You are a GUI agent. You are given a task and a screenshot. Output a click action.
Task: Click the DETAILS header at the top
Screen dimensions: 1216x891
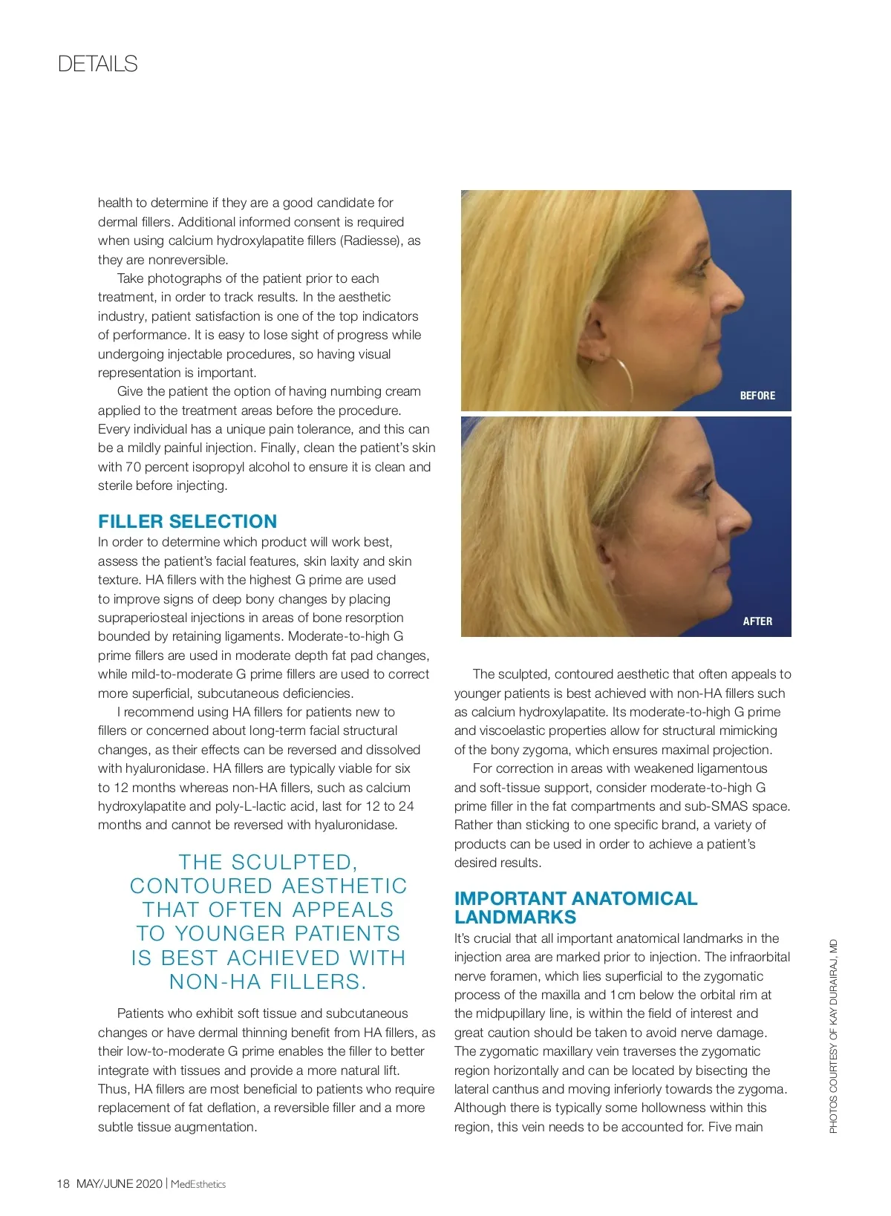97,64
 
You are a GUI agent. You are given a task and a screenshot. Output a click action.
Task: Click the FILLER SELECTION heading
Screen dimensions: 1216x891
187,521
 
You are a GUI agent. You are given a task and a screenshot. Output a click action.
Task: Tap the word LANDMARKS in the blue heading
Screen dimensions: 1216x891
515,917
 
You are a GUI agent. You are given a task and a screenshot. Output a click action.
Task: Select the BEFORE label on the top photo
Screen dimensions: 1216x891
757,396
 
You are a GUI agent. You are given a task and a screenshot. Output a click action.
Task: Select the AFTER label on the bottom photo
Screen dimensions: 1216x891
757,621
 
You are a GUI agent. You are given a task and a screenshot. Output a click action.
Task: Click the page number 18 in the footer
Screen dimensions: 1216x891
63,1183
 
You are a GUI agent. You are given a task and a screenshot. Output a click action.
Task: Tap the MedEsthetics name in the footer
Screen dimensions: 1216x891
198,1184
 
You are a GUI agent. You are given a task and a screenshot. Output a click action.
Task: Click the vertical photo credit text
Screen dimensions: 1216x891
833,1036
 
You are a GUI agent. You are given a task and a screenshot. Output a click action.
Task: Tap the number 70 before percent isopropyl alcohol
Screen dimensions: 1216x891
132,467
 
